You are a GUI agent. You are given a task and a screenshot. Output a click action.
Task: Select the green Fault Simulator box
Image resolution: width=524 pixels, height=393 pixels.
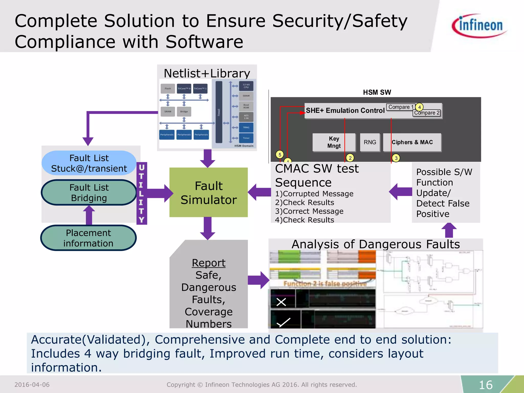(209, 192)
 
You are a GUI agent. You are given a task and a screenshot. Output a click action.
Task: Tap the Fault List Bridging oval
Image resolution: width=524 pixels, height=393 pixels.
(89, 193)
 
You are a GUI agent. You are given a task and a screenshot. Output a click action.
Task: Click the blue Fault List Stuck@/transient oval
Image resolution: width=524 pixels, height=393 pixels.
(89, 163)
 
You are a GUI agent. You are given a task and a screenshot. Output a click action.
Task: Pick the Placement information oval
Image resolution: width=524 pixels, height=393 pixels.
(88, 238)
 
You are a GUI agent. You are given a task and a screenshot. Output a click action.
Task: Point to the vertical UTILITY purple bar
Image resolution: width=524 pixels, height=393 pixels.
(141, 193)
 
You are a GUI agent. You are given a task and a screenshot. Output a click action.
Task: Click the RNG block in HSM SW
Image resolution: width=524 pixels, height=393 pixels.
(370, 142)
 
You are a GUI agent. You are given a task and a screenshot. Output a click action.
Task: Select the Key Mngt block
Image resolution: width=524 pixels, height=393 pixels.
(334, 142)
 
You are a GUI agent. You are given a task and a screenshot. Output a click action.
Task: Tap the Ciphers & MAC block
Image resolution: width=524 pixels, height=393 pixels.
(412, 142)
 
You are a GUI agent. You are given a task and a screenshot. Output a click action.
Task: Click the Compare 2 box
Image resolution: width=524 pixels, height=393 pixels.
(427, 113)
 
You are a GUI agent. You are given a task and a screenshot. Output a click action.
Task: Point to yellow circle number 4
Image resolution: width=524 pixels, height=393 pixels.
(419, 107)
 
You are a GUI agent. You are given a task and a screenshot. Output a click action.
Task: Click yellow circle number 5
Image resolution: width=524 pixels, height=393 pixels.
(280, 155)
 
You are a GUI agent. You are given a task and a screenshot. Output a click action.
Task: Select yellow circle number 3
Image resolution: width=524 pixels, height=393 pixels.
(396, 158)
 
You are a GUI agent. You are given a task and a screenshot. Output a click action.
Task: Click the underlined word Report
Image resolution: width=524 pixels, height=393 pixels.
(209, 263)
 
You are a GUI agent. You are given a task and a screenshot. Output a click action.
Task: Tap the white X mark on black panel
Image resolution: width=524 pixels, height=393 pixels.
(281, 302)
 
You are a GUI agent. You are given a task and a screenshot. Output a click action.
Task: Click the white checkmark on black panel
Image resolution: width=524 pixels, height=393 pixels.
(283, 322)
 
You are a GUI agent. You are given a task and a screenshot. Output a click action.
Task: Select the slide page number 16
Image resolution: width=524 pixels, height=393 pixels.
(485, 385)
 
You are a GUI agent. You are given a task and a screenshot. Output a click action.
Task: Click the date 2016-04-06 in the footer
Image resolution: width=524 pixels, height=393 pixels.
(32, 385)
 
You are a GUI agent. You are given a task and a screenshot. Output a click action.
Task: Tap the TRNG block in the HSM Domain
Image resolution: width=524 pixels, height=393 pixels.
(246, 127)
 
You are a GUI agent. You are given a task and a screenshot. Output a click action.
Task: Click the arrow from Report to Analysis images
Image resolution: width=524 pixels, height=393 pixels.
(258, 280)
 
